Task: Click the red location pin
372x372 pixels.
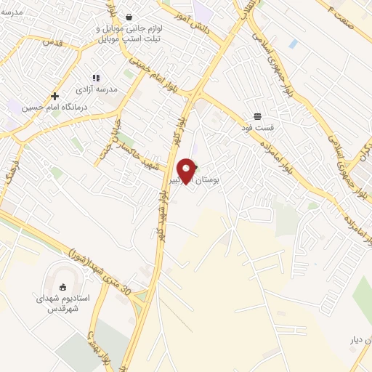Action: coord(187,169)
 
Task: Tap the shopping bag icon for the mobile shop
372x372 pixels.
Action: coord(129,17)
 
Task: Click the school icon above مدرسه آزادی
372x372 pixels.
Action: coord(95,77)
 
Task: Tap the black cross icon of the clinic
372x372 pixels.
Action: coord(54,96)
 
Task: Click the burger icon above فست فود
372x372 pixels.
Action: coord(258,116)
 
